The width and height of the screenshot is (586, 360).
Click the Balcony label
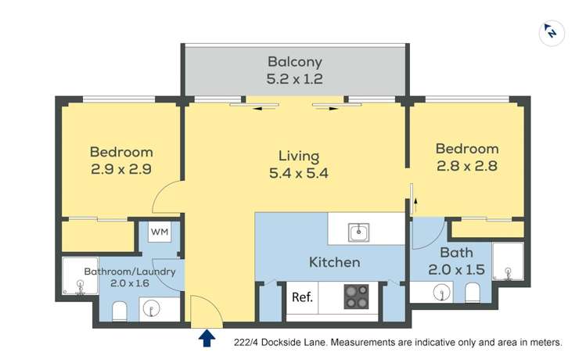click(294, 61)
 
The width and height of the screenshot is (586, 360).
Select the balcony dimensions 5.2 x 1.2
click(294, 78)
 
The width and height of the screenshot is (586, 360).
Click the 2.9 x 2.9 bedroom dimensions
click(120, 169)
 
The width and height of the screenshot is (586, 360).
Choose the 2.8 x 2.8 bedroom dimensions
click(466, 166)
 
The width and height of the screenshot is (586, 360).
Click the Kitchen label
click(334, 262)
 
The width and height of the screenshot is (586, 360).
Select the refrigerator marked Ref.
click(302, 297)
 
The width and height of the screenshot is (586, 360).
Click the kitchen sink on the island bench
click(358, 232)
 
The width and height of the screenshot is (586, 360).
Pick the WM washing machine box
click(160, 232)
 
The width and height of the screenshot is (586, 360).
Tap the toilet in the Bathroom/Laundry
click(119, 312)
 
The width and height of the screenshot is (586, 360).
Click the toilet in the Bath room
click(473, 293)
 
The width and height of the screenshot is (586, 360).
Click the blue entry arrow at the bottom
click(207, 337)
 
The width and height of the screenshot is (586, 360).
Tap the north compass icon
click(552, 32)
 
